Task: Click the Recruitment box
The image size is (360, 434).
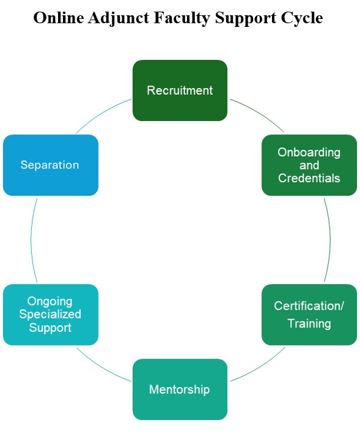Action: pos(180,90)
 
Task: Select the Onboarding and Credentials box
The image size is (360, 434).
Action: pos(309,165)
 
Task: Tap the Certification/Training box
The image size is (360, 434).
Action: pos(309,314)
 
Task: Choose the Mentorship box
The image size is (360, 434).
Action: pos(180,389)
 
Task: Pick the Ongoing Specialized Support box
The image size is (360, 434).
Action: pos(50,314)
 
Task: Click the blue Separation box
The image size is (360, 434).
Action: pos(50,165)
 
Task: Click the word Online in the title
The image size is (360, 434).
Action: pos(58,18)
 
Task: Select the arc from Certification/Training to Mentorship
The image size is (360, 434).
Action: pos(258,366)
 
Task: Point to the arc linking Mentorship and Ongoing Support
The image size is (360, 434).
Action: pos(102,366)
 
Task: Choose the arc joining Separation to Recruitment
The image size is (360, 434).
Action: pos(102,114)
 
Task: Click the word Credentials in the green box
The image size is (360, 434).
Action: pos(309,178)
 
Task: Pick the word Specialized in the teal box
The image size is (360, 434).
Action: pos(50,314)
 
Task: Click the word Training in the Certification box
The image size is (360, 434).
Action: pos(309,323)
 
